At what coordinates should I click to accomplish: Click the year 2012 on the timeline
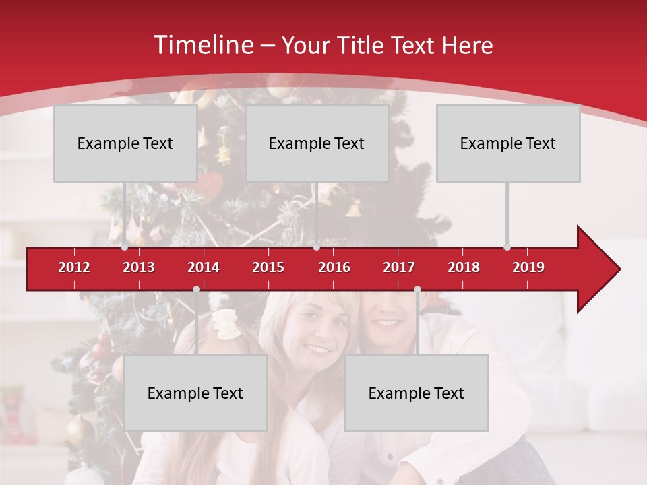click(x=74, y=267)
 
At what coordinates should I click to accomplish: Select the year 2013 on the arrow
click(x=139, y=267)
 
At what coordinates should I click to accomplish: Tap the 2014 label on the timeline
click(x=204, y=267)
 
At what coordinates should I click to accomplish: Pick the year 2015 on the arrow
click(x=268, y=267)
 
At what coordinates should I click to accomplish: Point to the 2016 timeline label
click(x=334, y=267)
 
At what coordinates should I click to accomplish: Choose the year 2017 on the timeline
click(x=399, y=267)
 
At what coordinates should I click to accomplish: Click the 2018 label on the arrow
click(x=464, y=267)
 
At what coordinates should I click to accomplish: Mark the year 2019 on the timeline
click(x=528, y=267)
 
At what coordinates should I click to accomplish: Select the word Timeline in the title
click(x=203, y=45)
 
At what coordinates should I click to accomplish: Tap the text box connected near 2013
click(x=125, y=143)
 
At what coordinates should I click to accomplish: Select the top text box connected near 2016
click(x=317, y=143)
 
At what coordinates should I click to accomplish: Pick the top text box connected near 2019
click(x=508, y=143)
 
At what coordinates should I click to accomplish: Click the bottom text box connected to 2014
click(x=195, y=393)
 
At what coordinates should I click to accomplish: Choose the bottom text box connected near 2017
click(x=417, y=393)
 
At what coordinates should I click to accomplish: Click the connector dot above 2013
click(x=125, y=247)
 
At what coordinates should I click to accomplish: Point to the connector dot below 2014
click(x=196, y=289)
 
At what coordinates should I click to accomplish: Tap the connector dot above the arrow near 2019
click(x=507, y=247)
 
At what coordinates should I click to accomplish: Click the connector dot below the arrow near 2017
click(x=417, y=289)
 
